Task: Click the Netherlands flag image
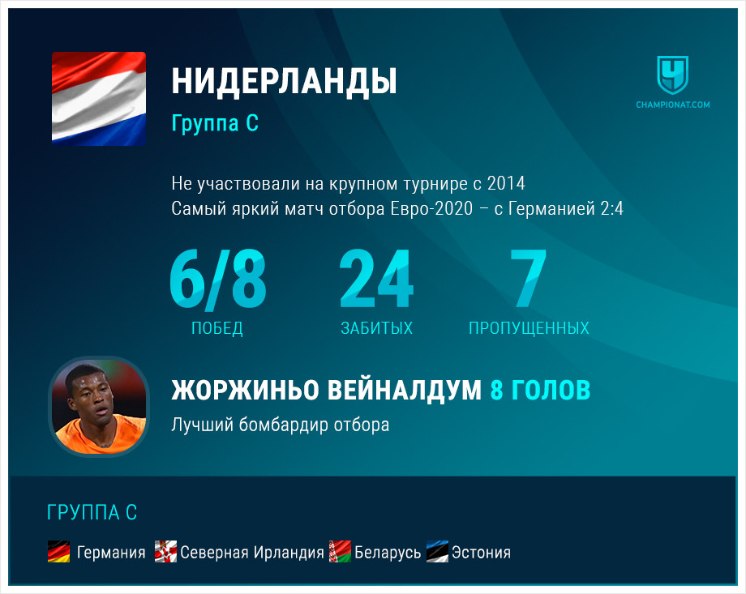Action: click(x=99, y=98)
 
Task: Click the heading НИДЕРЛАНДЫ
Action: click(x=284, y=82)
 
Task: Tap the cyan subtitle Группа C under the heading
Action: click(x=215, y=122)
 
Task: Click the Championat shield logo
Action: click(x=673, y=75)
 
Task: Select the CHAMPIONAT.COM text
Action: click(x=673, y=105)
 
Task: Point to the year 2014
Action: click(x=506, y=184)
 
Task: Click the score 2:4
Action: click(x=612, y=208)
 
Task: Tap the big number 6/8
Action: click(x=218, y=279)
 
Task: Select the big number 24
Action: click(x=376, y=279)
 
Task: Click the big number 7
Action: click(x=528, y=279)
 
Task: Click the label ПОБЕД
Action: click(x=217, y=328)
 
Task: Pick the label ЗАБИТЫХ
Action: click(x=377, y=328)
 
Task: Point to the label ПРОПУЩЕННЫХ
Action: click(x=529, y=328)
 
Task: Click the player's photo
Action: click(x=99, y=407)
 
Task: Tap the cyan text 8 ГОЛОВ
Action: click(x=541, y=390)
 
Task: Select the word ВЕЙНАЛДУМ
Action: click(x=405, y=390)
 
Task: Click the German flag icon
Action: click(x=59, y=552)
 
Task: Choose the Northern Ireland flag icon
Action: click(x=165, y=552)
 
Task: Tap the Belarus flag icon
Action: click(x=341, y=552)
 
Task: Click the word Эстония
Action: click(x=481, y=553)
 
